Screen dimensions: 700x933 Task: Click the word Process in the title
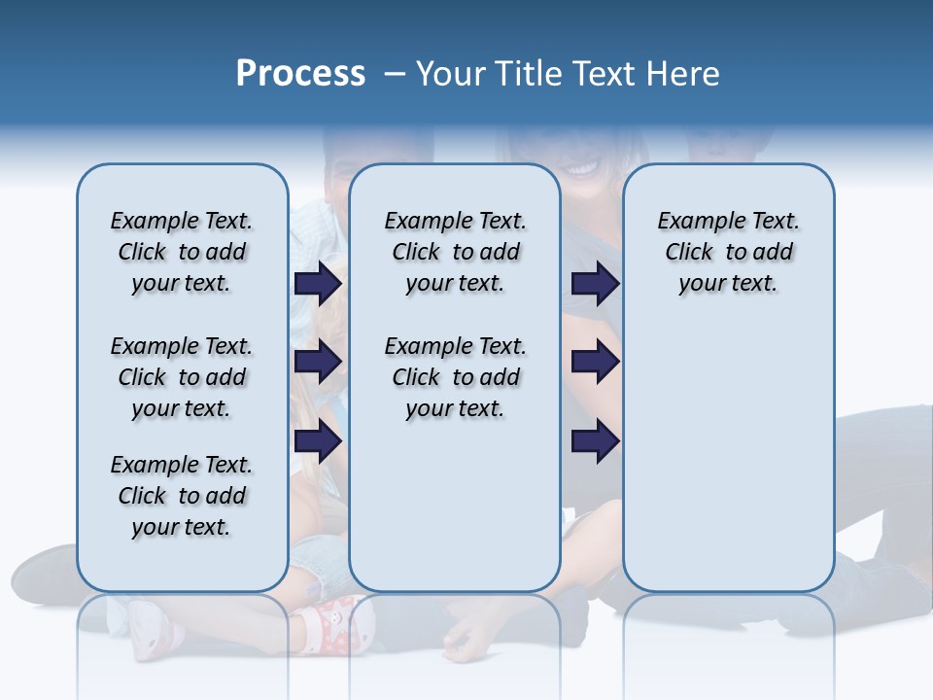(300, 74)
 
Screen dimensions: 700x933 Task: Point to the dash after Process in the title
(395, 74)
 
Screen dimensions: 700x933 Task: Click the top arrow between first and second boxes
(318, 283)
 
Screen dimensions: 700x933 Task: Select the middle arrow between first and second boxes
(318, 362)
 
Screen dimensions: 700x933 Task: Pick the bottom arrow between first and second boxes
(318, 441)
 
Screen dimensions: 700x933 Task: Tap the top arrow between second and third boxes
(595, 283)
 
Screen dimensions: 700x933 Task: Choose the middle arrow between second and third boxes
(595, 362)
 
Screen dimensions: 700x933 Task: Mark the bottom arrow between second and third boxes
(595, 441)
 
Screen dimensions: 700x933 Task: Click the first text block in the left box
(182, 252)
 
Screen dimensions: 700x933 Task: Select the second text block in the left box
(182, 377)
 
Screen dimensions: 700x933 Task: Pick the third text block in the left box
(182, 496)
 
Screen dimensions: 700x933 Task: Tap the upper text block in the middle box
(455, 252)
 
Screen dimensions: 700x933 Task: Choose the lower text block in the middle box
(455, 377)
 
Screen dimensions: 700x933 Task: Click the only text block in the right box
(729, 252)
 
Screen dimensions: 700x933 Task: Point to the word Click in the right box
(689, 252)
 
